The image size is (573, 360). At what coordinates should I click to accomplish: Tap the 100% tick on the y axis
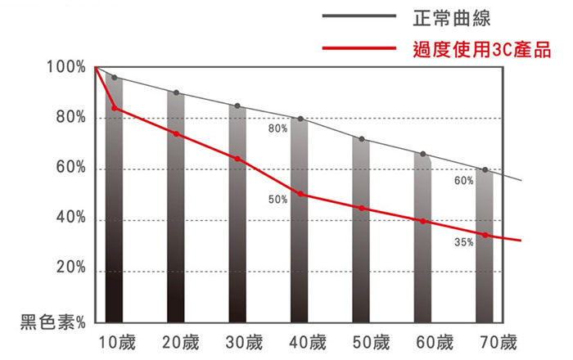[x=65, y=67]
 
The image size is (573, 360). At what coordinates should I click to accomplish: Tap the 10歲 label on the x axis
[x=115, y=341]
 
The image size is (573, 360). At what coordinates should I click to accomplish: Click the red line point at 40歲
[x=301, y=194]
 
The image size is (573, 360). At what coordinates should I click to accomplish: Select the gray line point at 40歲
[x=301, y=119]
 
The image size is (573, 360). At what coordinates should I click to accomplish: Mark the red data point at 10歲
[x=115, y=108]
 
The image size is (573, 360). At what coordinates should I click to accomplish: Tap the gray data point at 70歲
[x=485, y=170]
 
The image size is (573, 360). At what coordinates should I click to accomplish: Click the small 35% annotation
[x=463, y=243]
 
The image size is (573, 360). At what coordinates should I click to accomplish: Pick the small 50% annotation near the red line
[x=277, y=200]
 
